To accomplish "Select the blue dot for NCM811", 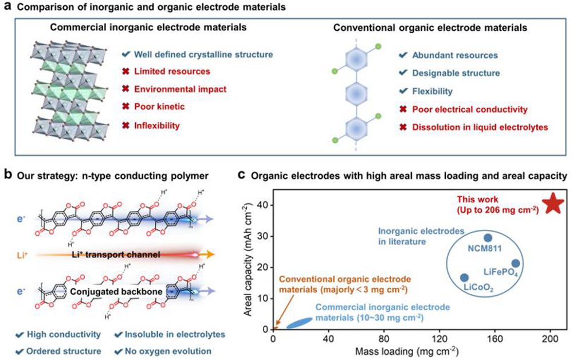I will tap(488, 237).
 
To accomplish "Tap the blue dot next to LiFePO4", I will tap(515, 263).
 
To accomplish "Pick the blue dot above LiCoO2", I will tap(464, 277).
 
